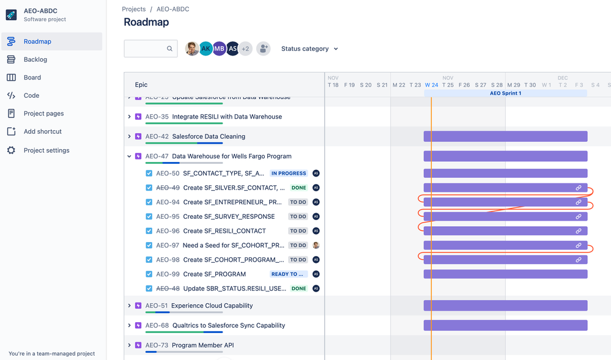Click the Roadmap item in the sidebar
pos(37,42)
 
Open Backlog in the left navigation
pos(35,59)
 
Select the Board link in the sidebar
pos(32,78)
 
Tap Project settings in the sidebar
pos(46,150)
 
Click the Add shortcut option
pos(42,131)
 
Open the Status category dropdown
pos(309,49)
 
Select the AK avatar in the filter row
pos(206,49)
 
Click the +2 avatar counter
pos(245,49)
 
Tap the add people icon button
pos(264,49)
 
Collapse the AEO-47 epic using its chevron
pos(129,156)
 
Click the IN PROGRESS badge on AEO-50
pos(289,174)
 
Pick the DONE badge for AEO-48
pos(298,288)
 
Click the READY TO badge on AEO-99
pos(289,274)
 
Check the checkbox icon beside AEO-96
pos(149,231)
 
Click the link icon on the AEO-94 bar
pos(579,202)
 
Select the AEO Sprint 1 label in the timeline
pos(505,94)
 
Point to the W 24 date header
pos(431,85)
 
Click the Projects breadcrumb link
pos(133,9)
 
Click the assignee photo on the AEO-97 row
pos(316,245)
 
